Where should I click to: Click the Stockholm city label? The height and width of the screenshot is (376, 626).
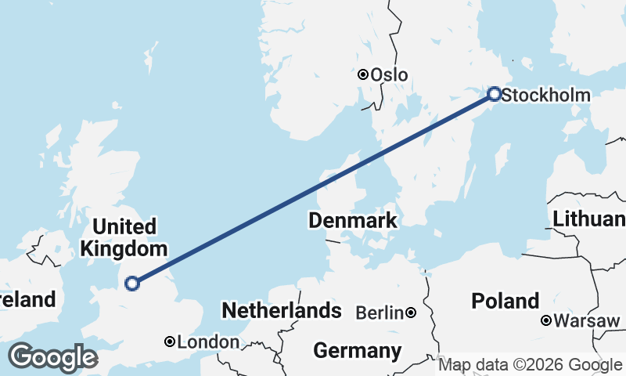click(x=545, y=96)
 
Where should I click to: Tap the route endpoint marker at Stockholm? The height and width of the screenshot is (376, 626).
click(x=495, y=94)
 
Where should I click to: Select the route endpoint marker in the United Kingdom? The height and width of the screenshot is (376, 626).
click(x=132, y=283)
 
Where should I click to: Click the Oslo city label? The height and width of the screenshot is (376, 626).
click(x=389, y=75)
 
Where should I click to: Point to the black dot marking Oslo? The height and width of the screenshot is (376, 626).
click(x=363, y=74)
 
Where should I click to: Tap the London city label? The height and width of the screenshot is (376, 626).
click(x=208, y=342)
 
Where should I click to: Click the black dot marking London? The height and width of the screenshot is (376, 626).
click(x=170, y=342)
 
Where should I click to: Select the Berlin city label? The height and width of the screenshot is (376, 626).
click(x=380, y=313)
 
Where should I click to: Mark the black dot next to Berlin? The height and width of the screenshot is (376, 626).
click(x=411, y=313)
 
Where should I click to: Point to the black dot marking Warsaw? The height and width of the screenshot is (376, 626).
click(x=546, y=320)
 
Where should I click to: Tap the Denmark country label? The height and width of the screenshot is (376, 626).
click(x=352, y=221)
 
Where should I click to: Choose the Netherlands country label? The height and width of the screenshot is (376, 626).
click(x=282, y=311)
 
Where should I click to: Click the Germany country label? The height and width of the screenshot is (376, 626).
click(x=357, y=350)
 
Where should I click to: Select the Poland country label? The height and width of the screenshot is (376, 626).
click(x=505, y=301)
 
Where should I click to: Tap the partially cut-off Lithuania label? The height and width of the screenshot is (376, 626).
click(x=588, y=219)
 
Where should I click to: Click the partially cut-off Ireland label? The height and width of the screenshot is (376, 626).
click(x=28, y=299)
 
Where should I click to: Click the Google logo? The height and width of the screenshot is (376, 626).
click(x=52, y=357)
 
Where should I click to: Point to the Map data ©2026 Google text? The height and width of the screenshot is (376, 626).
click(x=531, y=365)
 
